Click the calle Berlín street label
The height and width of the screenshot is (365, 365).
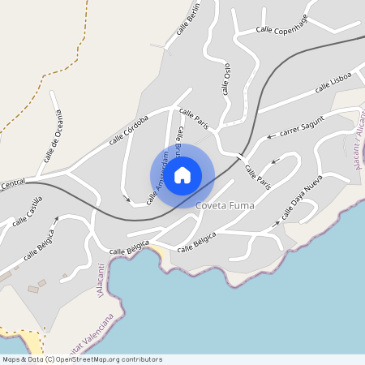[188, 19]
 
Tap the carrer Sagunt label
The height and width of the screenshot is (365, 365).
[302, 126]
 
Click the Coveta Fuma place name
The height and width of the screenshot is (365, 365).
[225, 206]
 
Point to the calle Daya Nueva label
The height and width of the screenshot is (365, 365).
[302, 198]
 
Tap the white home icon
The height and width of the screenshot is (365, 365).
[182, 174]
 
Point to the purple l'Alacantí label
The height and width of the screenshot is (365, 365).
[101, 281]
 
